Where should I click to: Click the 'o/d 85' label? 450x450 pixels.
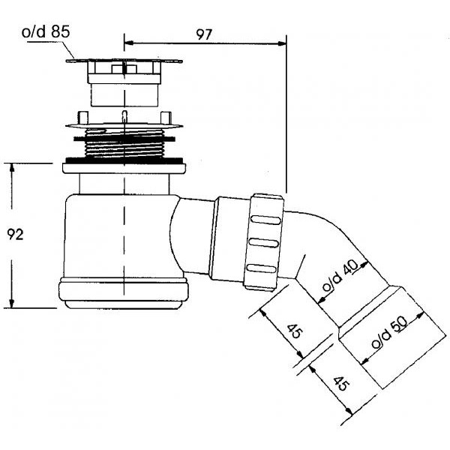click(46, 31)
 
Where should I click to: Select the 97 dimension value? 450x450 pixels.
click(204, 34)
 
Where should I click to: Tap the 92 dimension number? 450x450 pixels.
click(15, 235)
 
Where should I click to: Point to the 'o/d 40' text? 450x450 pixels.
click(340, 276)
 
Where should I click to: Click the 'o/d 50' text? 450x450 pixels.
click(389, 332)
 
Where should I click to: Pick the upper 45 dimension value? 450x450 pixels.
click(295, 331)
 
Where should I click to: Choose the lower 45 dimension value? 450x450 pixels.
click(341, 384)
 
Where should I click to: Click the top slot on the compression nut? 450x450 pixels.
click(265, 220)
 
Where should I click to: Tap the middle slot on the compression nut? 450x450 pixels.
click(263, 243)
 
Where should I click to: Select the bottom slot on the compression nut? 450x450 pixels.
click(261, 268)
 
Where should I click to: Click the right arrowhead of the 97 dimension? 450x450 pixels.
click(282, 43)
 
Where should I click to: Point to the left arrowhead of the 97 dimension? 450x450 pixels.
click(129, 43)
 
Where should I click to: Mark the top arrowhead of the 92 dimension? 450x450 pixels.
click(12, 168)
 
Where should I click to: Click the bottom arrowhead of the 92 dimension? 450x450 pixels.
click(12, 303)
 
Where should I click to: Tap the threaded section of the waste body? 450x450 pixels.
click(124, 143)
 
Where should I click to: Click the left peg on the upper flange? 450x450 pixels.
click(82, 118)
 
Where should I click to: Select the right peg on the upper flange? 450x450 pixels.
click(166, 118)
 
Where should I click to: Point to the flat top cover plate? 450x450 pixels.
click(124, 61)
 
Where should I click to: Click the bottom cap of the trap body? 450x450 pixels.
click(124, 293)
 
